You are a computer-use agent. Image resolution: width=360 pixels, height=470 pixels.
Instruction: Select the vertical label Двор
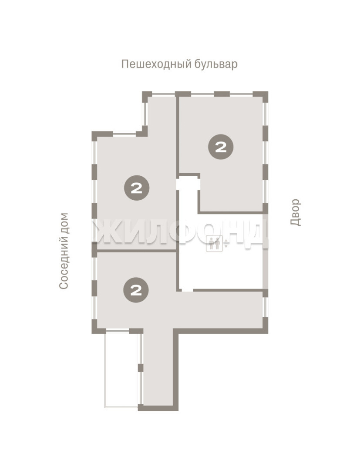pos(295,212)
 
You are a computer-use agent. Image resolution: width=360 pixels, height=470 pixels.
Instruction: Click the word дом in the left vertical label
pos(64,223)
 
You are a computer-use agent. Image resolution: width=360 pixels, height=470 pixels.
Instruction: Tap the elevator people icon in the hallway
pos(215,243)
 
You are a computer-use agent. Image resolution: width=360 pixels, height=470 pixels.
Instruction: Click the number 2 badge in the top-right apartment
pos(221,147)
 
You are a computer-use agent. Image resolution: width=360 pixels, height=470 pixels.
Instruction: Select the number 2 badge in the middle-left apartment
pos(137,188)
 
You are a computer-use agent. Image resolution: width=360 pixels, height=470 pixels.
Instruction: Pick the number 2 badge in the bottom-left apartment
pos(136,290)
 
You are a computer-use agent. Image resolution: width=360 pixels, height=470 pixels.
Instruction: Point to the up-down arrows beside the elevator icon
pos(226,243)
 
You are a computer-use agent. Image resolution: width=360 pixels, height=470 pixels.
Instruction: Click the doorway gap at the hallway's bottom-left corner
pos(188,290)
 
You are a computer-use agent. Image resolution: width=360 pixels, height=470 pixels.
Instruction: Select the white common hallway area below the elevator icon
pos(222,270)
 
